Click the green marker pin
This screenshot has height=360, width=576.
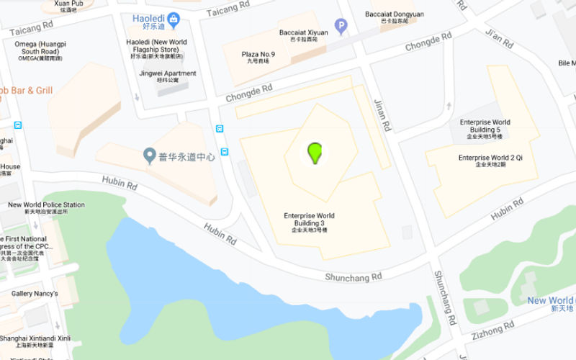(x=314, y=152)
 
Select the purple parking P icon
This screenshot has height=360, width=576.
(x=341, y=27)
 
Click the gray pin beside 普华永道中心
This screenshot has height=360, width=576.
(x=150, y=155)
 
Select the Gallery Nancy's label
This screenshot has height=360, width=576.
(x=35, y=294)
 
